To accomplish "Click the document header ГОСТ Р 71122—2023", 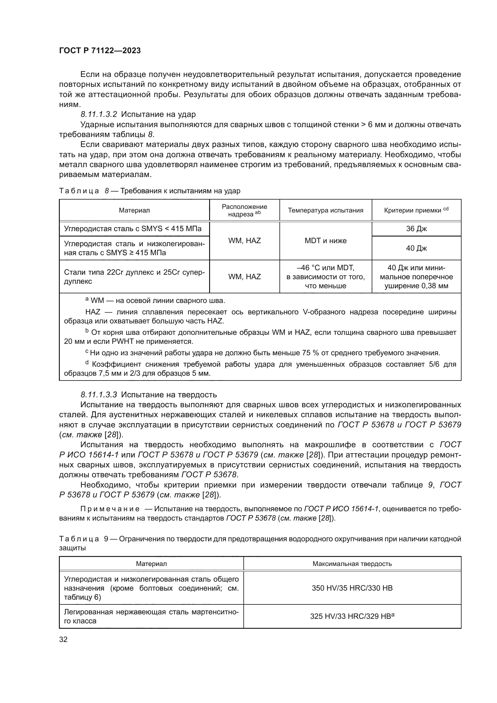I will [x=100, y=51].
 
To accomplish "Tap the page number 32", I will [x=63, y=639].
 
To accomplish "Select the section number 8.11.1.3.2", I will [x=99, y=115].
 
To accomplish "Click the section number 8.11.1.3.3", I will [x=99, y=395].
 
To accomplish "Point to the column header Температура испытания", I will [x=325, y=210].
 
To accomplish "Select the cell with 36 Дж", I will [x=416, y=229].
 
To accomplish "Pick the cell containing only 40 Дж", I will [x=416, y=248].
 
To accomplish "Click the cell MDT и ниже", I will [x=325, y=241].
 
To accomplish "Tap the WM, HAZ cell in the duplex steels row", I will [x=245, y=277].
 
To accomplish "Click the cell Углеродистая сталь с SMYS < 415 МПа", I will [x=133, y=229].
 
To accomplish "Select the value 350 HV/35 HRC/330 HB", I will [x=352, y=588].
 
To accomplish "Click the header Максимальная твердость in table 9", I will [x=352, y=564].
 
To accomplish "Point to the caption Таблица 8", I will [x=79, y=191].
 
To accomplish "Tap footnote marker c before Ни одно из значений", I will [x=87, y=352].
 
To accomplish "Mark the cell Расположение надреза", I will [x=245, y=210].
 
